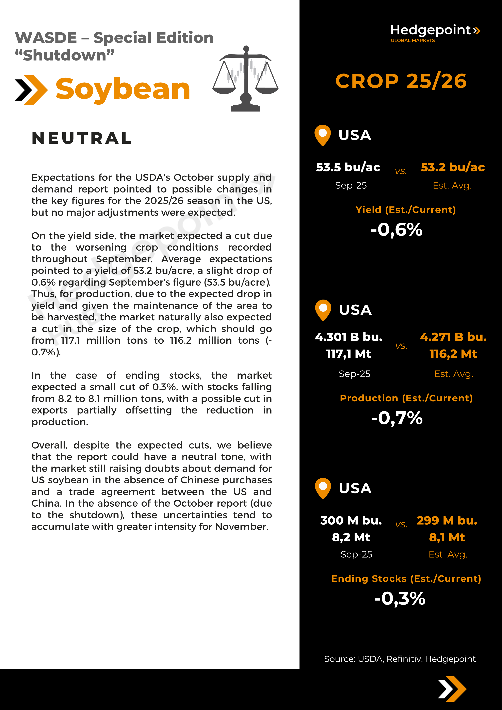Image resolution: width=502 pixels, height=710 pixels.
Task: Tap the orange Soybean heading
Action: tap(123, 90)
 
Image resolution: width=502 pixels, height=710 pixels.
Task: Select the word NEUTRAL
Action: tap(82, 138)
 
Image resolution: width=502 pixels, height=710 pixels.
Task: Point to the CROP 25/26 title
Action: tap(401, 81)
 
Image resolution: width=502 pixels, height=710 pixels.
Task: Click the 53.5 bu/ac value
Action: tap(348, 167)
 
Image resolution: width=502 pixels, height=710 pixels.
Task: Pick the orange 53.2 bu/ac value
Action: tap(453, 167)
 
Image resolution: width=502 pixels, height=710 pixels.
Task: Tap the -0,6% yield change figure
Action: tap(396, 230)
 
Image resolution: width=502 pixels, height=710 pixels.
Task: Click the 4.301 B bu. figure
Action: tap(349, 337)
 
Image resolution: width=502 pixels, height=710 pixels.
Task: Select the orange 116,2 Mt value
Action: tap(453, 354)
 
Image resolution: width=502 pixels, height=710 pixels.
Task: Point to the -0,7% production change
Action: tap(397, 418)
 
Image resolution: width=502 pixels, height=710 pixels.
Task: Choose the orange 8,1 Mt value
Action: tap(447, 537)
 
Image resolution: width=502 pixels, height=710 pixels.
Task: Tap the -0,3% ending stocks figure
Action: tap(400, 599)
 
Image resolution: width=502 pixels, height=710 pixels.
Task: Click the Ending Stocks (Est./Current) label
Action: tap(406, 579)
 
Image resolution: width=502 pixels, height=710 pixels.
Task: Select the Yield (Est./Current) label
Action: tap(405, 210)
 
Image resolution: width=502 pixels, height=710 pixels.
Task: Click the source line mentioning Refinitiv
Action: tap(400, 659)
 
